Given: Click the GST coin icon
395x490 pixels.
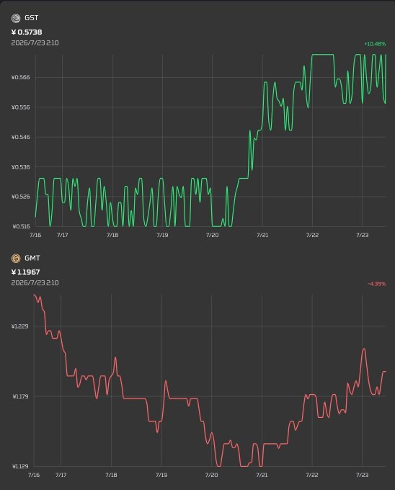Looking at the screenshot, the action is pos(16,19).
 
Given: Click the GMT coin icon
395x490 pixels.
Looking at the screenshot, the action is pos(16,259).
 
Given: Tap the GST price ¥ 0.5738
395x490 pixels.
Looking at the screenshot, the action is pos(27,32).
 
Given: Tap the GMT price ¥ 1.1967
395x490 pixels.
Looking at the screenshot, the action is pos(26,272).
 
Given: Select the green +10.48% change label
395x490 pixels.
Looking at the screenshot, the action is pos(375,44).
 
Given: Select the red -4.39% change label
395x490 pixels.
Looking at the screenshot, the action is pos(376,284).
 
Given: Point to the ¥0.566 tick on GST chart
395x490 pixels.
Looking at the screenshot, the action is pos(21,77).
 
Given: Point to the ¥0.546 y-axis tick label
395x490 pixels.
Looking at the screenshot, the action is pos(21,137).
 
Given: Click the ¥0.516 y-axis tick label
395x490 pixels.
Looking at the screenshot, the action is pos(21,226).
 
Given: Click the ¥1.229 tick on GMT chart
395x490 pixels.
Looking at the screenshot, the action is pos(19,326).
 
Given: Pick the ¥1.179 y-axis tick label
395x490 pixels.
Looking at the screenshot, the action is pos(20,396).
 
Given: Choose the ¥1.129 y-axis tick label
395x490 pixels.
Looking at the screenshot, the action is pos(20,466).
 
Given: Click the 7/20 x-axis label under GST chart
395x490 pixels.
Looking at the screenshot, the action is pos(212,235).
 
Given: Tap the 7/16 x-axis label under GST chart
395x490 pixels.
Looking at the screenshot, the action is pos(35,235).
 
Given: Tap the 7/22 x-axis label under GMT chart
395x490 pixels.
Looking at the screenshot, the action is pos(312,475).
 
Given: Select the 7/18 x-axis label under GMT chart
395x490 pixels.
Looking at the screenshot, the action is pos(111,475).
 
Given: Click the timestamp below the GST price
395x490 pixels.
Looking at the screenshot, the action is pos(35,43).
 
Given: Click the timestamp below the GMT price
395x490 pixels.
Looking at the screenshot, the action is pos(35,282).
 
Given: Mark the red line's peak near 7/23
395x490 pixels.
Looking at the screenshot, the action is pos(363,349).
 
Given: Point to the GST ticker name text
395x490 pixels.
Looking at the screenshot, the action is pos(31,18).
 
